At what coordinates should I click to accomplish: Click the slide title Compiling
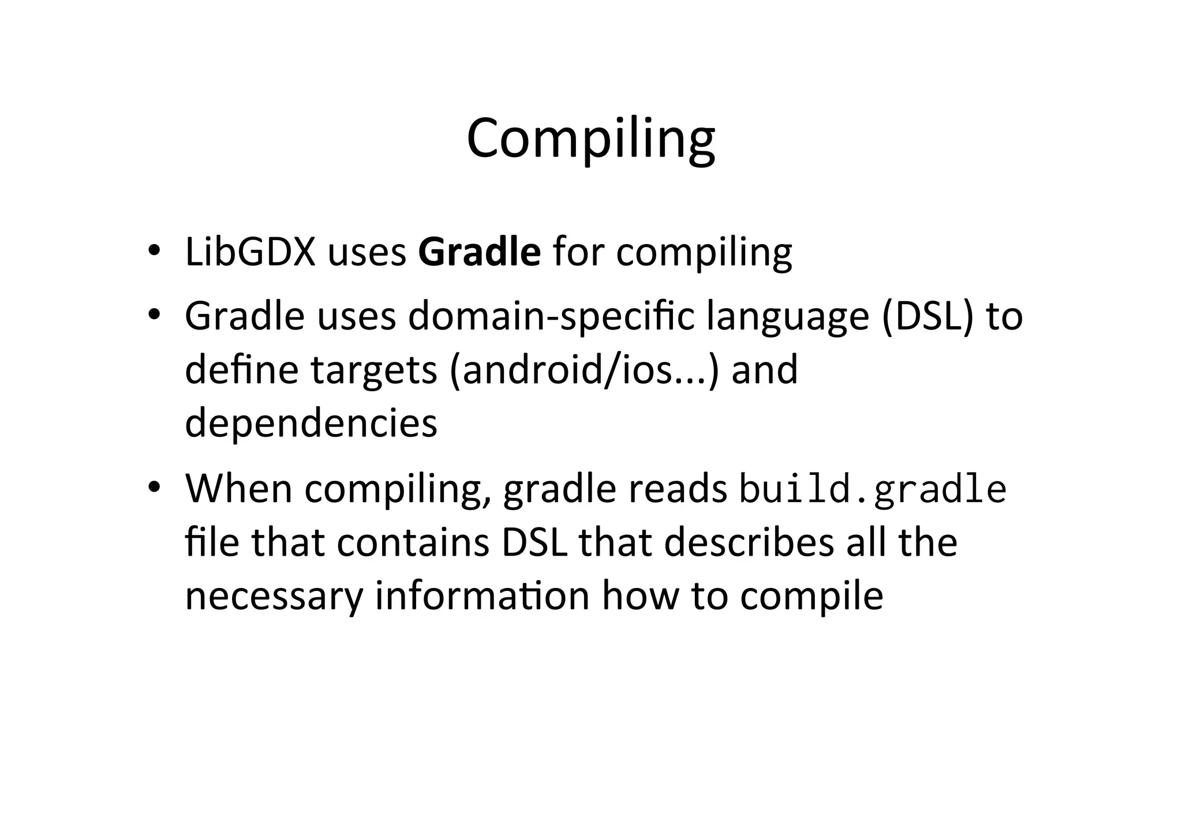[x=590, y=138]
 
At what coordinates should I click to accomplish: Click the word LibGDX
[x=250, y=252]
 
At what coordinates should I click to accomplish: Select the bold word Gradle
[x=479, y=252]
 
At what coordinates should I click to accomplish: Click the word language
[x=788, y=317]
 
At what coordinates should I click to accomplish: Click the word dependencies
[x=311, y=423]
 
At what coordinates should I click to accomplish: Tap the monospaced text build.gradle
[x=873, y=489]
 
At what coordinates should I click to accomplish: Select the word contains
[x=413, y=542]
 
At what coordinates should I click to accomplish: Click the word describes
[x=749, y=542]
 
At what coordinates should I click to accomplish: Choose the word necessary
[x=274, y=596]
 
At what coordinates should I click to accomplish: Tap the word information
[x=482, y=595]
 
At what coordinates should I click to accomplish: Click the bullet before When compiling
[x=153, y=488]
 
